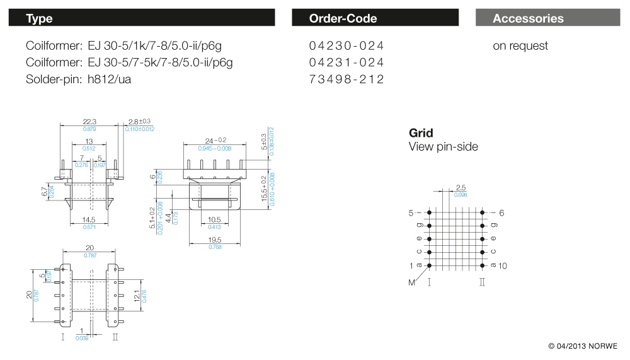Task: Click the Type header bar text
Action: pyautogui.click(x=39, y=18)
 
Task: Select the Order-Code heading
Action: pyautogui.click(x=343, y=18)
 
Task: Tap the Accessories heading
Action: pyautogui.click(x=528, y=18)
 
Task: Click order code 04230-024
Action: pyautogui.click(x=346, y=46)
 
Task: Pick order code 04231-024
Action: pyautogui.click(x=346, y=62)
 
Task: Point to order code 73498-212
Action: pyautogui.click(x=346, y=79)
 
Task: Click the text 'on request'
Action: pyautogui.click(x=520, y=46)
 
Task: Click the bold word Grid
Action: pyautogui.click(x=421, y=133)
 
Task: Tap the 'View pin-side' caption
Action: pyautogui.click(x=443, y=147)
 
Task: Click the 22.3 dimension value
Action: pyautogui.click(x=89, y=122)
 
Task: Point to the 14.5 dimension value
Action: pyautogui.click(x=89, y=219)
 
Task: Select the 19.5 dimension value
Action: pyautogui.click(x=215, y=240)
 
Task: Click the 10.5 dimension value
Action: pyautogui.click(x=214, y=219)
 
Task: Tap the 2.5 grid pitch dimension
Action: pyautogui.click(x=461, y=188)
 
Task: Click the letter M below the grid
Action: pyautogui.click(x=411, y=282)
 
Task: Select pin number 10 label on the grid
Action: pyautogui.click(x=502, y=266)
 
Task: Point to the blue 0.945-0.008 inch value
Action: pyautogui.click(x=215, y=148)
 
